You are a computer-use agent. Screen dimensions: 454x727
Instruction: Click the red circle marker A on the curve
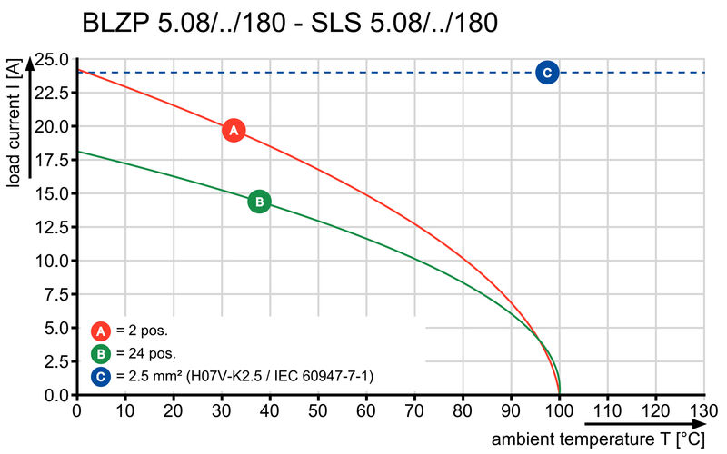click(234, 130)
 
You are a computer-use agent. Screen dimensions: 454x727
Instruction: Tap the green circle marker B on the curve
click(259, 201)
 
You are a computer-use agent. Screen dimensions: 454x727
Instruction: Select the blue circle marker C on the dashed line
click(546, 73)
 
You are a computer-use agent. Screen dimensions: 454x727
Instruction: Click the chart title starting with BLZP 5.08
click(289, 23)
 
